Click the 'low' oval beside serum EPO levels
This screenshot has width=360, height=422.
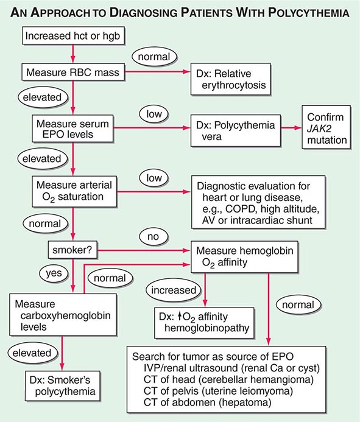[152, 113]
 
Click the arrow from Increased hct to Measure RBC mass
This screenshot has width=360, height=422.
[73, 55]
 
